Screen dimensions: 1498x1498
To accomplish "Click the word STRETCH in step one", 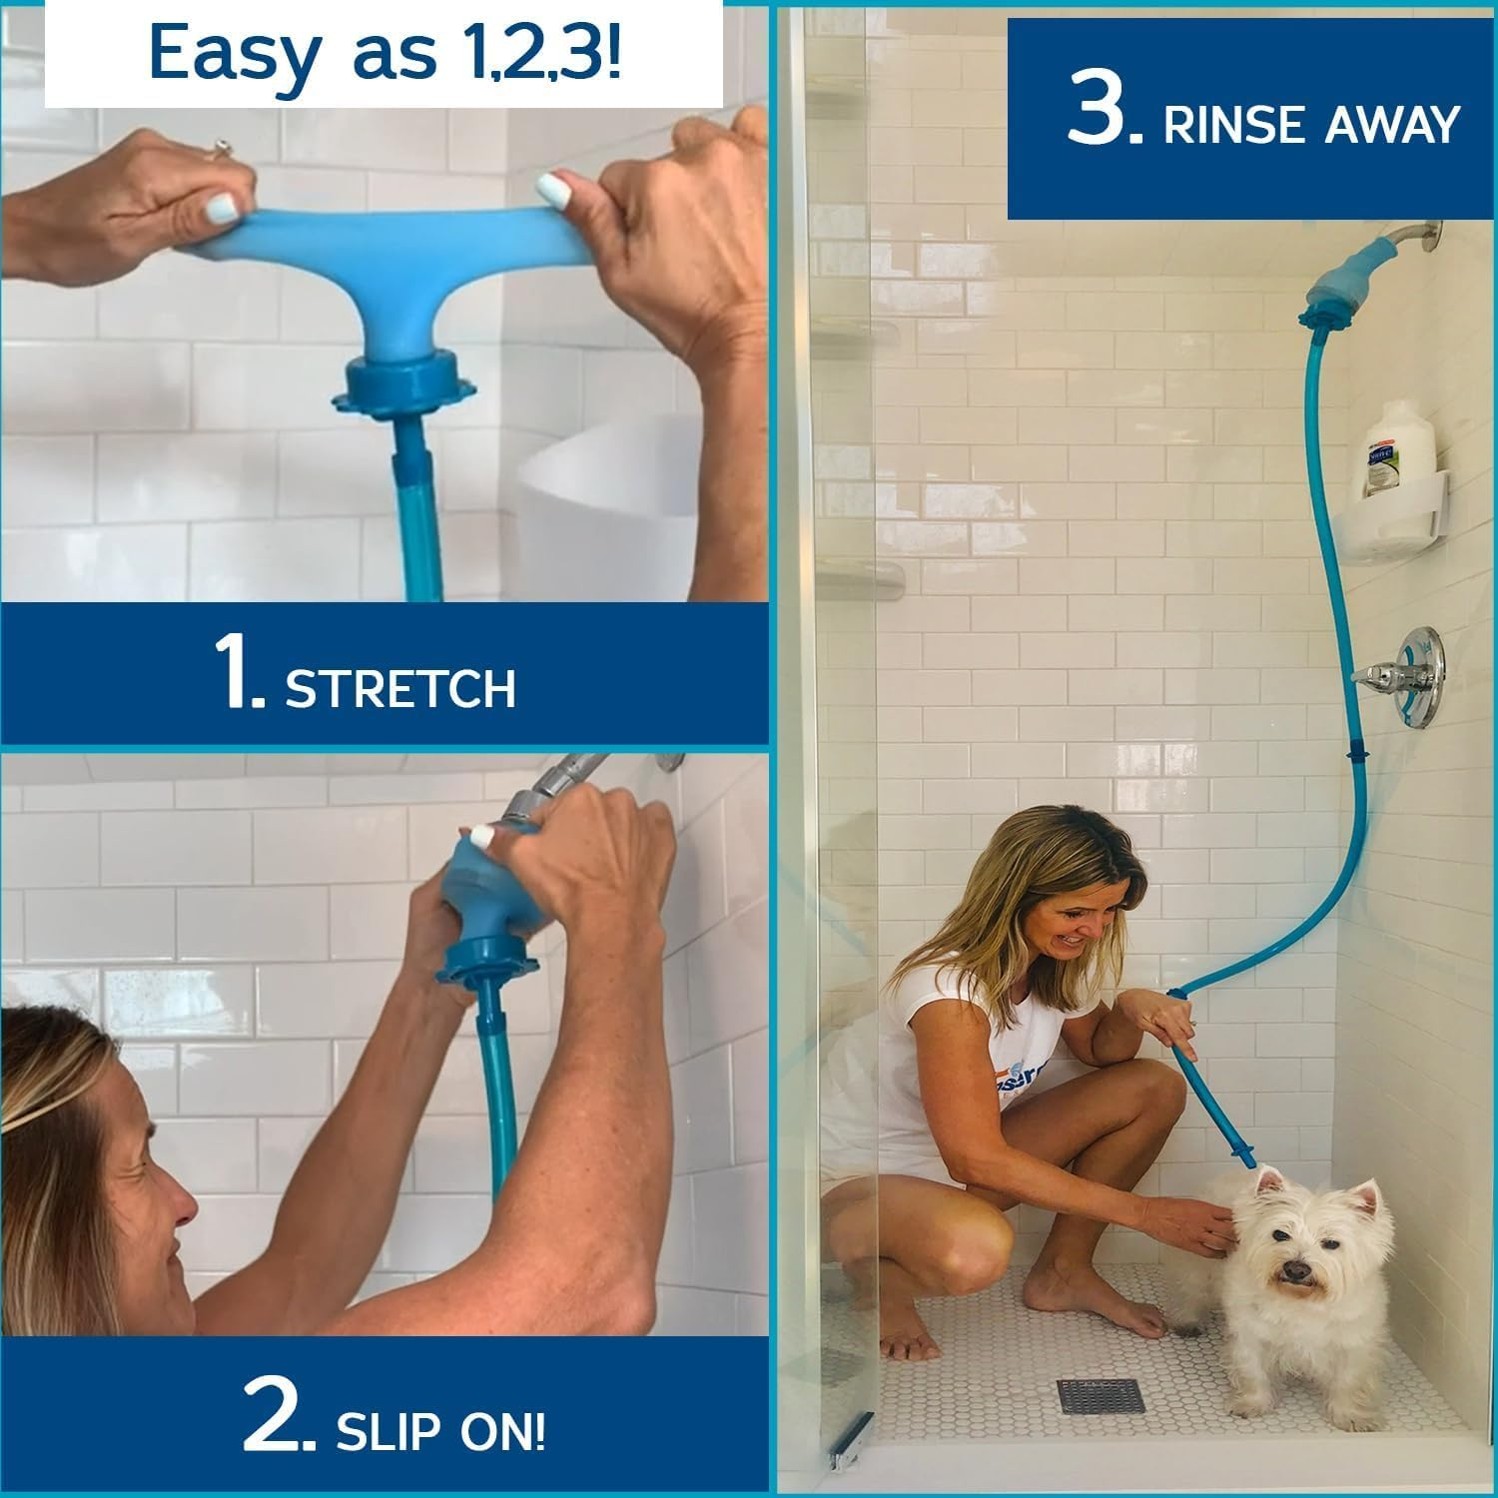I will pos(400,689).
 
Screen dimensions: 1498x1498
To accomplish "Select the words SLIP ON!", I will pos(440,1433).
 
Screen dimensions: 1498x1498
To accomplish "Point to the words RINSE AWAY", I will pos(1310,126).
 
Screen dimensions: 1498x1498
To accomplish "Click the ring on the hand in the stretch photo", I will pos(221,149).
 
